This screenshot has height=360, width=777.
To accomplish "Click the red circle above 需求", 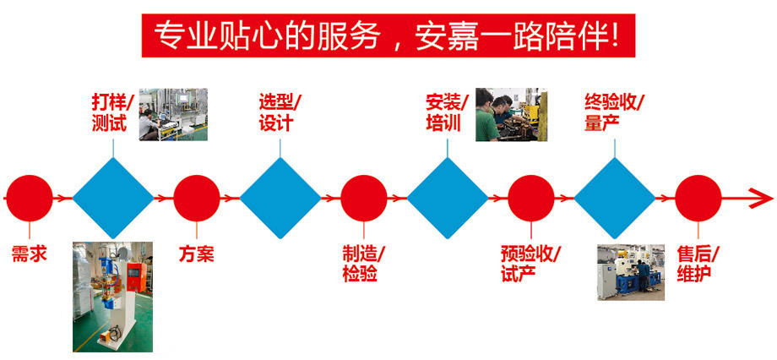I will click(x=29, y=199).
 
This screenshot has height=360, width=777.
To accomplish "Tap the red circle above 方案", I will click(x=196, y=199).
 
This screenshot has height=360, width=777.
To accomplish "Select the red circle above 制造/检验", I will click(x=364, y=199).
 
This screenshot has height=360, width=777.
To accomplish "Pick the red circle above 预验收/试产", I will click(x=531, y=199).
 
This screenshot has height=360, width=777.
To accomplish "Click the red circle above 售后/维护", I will click(x=698, y=199).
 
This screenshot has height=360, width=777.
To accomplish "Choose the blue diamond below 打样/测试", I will click(x=112, y=199).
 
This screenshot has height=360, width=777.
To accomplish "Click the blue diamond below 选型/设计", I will click(x=280, y=199).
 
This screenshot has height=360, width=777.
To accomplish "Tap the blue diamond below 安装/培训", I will click(x=448, y=199).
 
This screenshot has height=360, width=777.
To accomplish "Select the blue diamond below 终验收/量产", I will click(x=615, y=199).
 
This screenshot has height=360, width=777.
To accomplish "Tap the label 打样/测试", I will click(x=112, y=112).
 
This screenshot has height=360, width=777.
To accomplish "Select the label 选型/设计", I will click(x=280, y=112).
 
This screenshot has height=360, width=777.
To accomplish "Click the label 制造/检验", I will click(x=364, y=263).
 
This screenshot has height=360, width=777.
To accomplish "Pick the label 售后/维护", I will click(x=698, y=263).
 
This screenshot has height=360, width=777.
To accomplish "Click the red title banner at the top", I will click(x=388, y=35).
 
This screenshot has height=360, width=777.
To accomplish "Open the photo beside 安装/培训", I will click(x=511, y=114).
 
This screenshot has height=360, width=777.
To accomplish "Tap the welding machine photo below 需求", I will click(x=112, y=296).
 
